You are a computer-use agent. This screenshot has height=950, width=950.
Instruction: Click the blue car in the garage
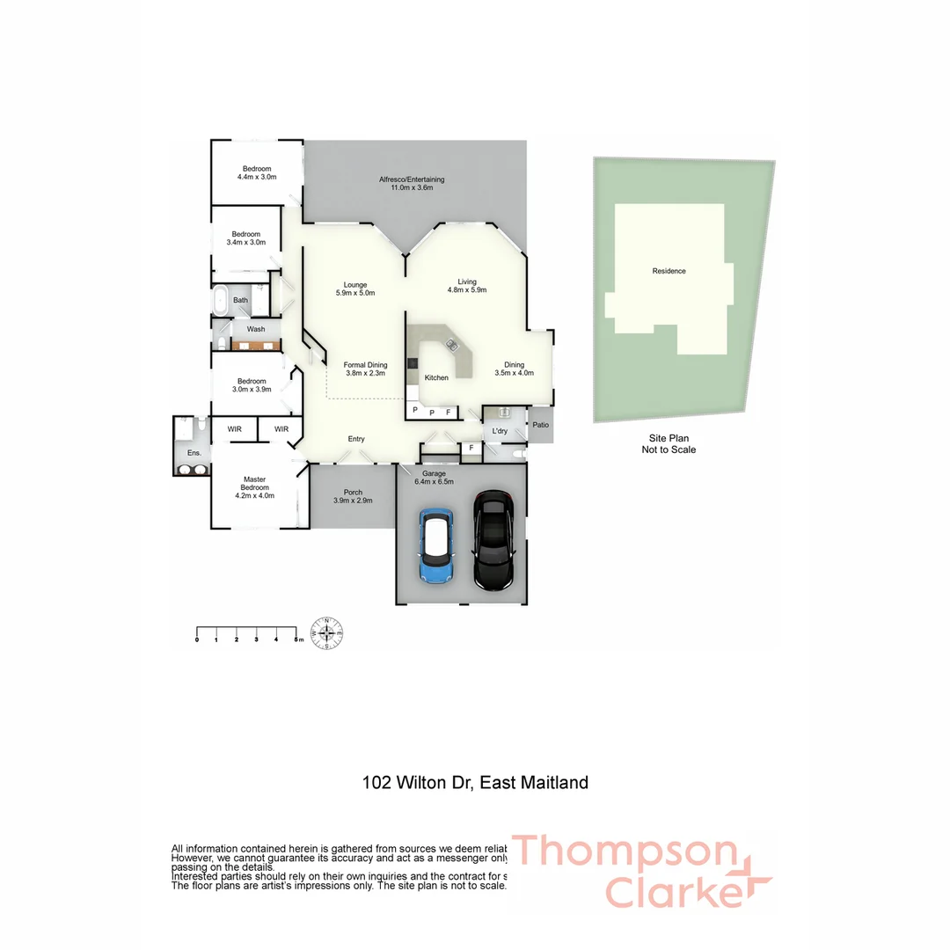(436, 548)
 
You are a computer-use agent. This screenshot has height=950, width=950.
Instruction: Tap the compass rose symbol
(327, 632)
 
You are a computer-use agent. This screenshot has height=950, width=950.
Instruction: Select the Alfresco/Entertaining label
(412, 183)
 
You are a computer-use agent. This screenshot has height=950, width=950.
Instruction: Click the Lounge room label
(355, 289)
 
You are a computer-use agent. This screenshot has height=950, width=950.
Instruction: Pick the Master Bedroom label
(255, 487)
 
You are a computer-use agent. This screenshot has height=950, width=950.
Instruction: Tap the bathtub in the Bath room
(219, 300)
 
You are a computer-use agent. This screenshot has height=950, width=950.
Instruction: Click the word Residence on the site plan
(669, 271)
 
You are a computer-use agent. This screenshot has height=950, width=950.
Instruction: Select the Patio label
(540, 425)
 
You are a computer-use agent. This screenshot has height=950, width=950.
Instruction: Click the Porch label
(353, 496)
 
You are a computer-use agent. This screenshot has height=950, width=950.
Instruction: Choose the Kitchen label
(436, 377)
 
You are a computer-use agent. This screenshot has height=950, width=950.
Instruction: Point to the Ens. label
(194, 453)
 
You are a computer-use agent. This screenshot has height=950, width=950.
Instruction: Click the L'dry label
(500, 431)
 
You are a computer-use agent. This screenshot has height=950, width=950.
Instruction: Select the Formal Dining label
(365, 369)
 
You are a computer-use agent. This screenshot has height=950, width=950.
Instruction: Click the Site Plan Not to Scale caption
(669, 444)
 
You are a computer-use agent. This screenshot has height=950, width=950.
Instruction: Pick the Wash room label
(256, 329)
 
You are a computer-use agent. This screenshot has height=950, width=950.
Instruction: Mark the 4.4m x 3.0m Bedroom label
(257, 172)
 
